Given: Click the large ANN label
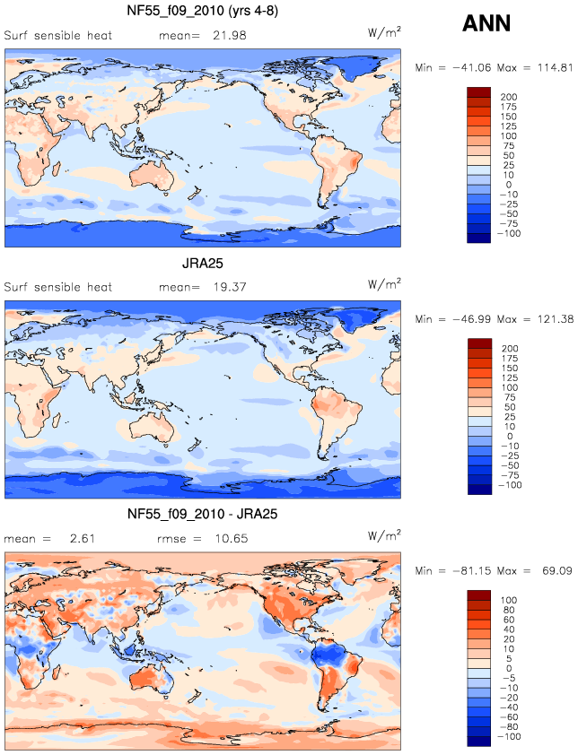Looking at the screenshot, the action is pyautogui.click(x=486, y=23).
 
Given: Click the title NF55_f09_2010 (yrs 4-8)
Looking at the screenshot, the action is pyautogui.click(x=203, y=11).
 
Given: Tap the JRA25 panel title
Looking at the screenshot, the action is pyautogui.click(x=203, y=264).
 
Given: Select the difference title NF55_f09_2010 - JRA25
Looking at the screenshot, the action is pyautogui.click(x=203, y=514).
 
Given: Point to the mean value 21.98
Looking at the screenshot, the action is pyautogui.click(x=230, y=35).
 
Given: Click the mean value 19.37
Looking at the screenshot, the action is pyautogui.click(x=230, y=287).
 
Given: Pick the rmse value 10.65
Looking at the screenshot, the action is pyautogui.click(x=232, y=538).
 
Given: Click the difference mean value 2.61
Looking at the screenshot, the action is pyautogui.click(x=82, y=538).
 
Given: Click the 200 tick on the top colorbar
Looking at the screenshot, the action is pyautogui.click(x=509, y=97).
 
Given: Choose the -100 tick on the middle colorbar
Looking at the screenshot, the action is pyautogui.click(x=510, y=485).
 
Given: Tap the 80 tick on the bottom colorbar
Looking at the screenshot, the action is pyautogui.click(x=509, y=610).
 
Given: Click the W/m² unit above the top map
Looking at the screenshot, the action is pyautogui.click(x=384, y=32).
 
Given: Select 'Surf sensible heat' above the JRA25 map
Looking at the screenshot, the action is pyautogui.click(x=57, y=287).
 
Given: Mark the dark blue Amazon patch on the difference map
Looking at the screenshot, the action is pyautogui.click(x=328, y=655).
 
